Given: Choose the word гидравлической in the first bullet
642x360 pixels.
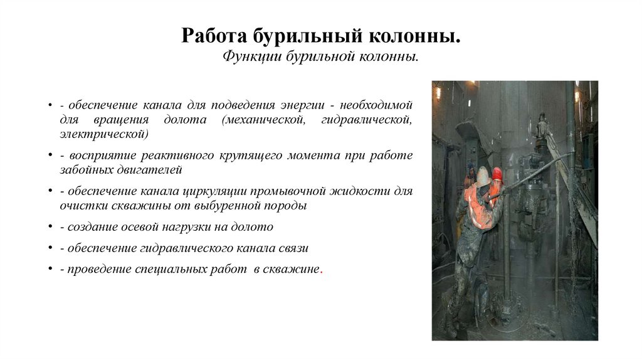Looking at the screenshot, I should [x=366, y=119].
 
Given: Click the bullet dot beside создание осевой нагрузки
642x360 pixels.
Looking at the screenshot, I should [x=49, y=226].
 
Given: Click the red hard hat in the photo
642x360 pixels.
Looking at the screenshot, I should [x=498, y=174].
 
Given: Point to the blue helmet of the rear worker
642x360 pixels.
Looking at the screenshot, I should [x=471, y=166].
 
